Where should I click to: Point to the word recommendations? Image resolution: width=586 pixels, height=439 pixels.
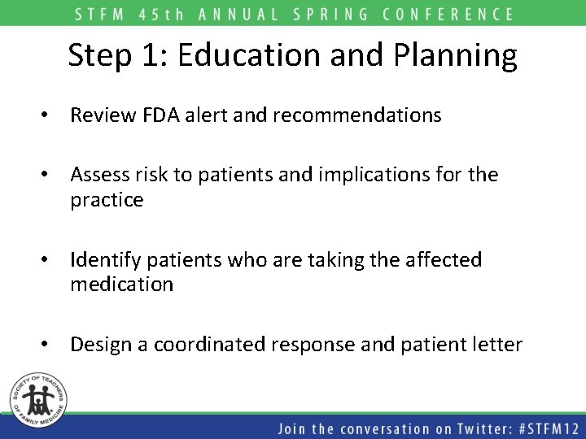point(357,115)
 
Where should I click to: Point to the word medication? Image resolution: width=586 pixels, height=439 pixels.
point(121,285)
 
